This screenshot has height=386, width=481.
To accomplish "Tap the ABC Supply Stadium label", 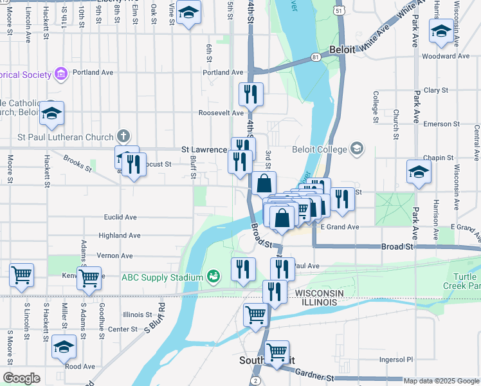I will (x=163, y=277).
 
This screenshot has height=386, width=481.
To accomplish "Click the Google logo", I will (x=21, y=378).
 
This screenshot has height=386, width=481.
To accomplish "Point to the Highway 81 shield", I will (x=316, y=57).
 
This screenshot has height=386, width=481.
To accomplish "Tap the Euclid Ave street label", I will (x=122, y=217).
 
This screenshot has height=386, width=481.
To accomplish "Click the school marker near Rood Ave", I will (x=64, y=347).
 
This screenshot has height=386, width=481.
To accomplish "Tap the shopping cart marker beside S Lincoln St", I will (x=21, y=275).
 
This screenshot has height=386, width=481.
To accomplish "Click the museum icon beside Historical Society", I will (x=62, y=75).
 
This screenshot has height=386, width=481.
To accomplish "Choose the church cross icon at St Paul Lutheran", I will (x=123, y=136).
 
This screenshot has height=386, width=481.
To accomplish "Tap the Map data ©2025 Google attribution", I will (x=441, y=381).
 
